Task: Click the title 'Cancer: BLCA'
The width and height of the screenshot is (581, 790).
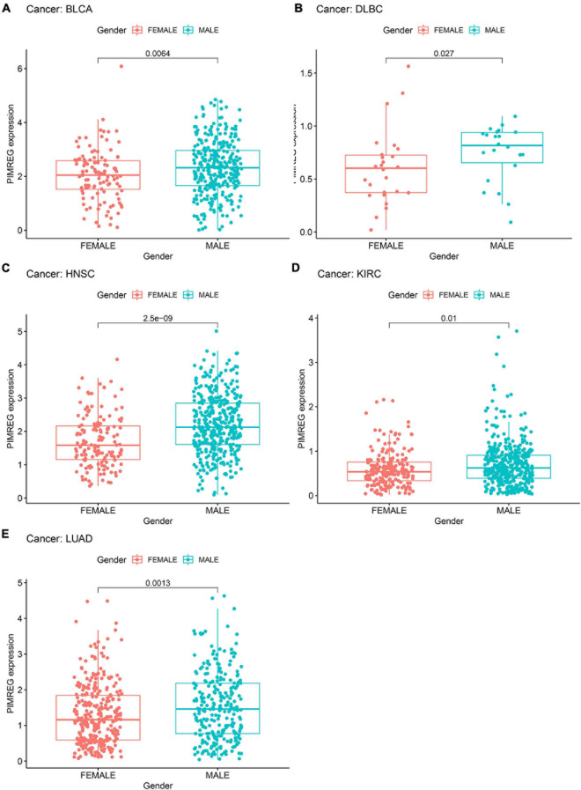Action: click(x=54, y=10)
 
